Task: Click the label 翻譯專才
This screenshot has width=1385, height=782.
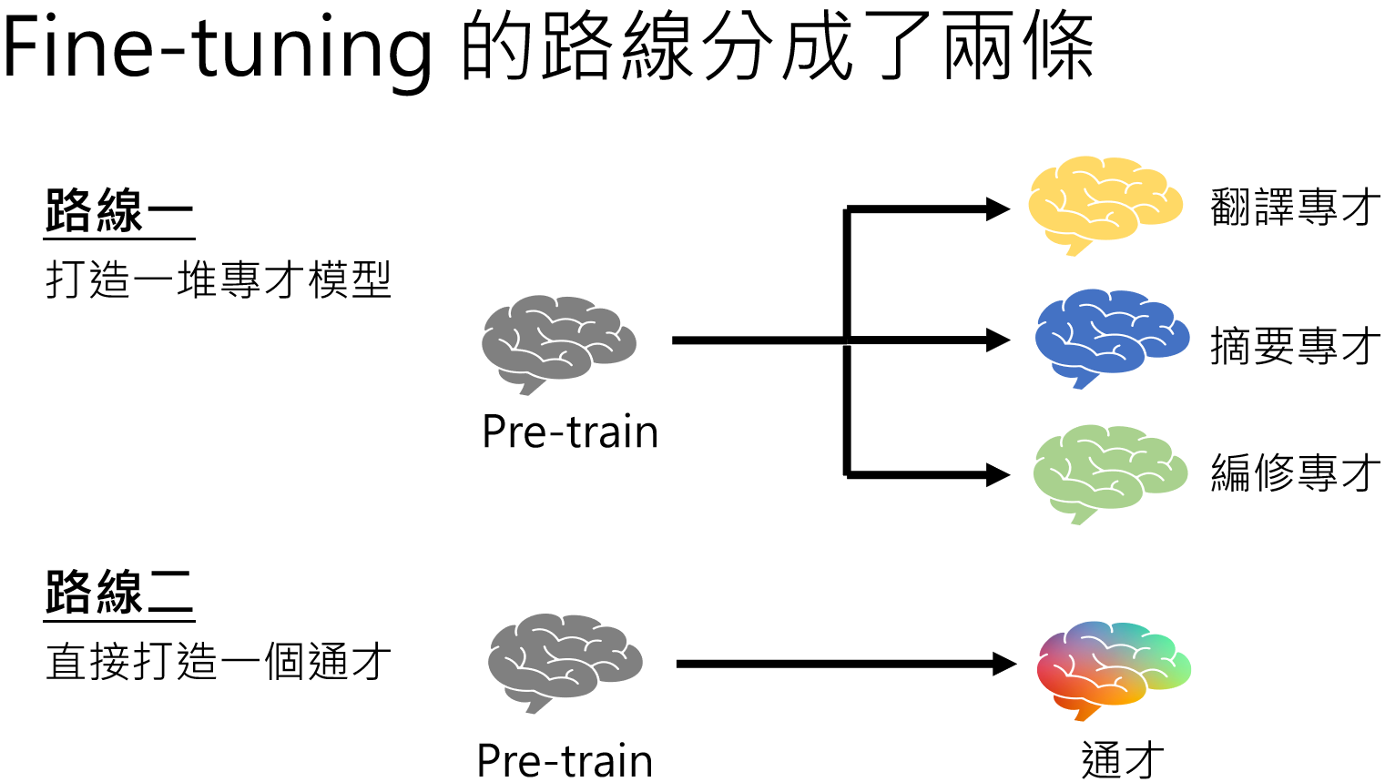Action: click(1294, 208)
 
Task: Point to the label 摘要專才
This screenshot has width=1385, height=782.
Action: click(1294, 346)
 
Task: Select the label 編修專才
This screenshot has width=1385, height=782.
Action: click(1294, 473)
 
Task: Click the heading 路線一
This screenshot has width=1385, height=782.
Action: click(118, 211)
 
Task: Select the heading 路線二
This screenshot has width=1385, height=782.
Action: click(118, 593)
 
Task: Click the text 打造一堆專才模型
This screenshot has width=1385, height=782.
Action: click(219, 279)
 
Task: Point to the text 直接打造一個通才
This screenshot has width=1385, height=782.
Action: click(219, 662)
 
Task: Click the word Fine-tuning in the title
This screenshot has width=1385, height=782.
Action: click(217, 47)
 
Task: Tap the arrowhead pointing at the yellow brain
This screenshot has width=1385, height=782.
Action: click(998, 209)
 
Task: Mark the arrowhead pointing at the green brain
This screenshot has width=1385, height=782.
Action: click(998, 474)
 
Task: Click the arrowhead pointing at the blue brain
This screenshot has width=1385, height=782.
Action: click(998, 340)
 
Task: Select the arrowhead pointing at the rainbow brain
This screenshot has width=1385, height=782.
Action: click(1003, 664)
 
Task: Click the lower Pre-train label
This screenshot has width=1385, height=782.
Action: click(565, 760)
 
